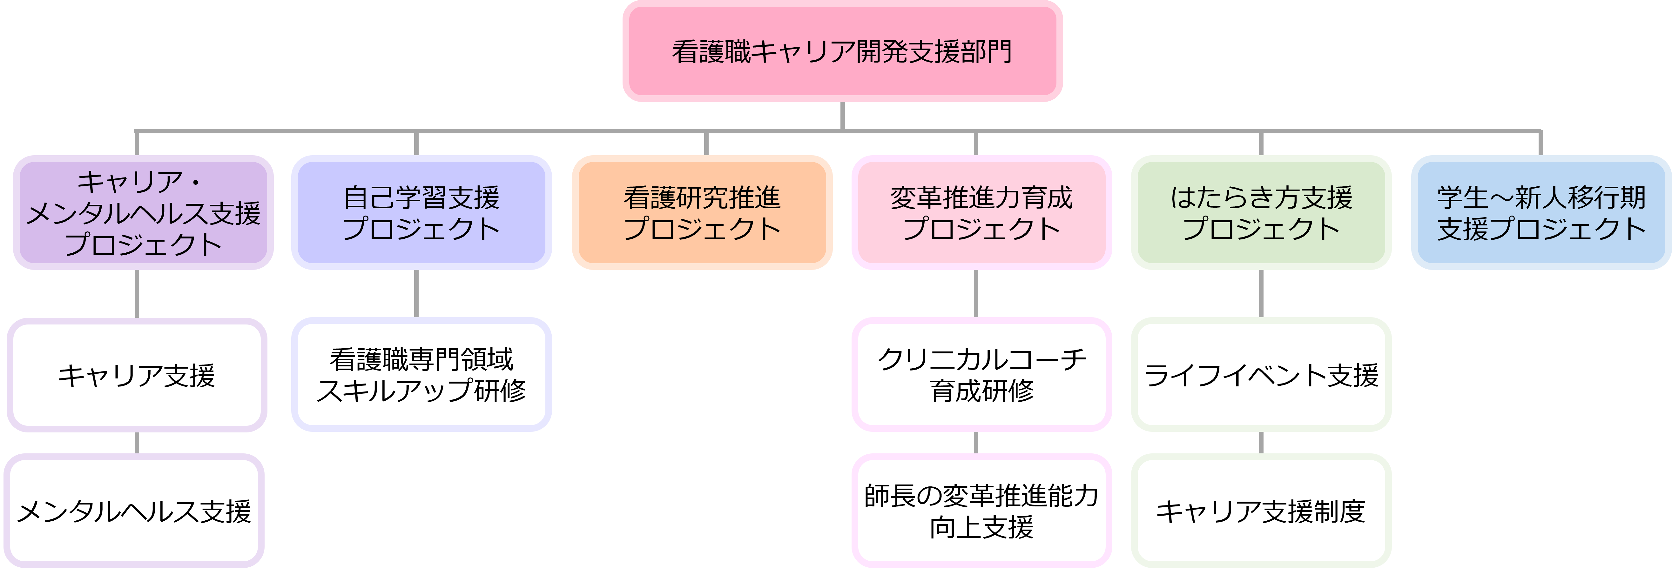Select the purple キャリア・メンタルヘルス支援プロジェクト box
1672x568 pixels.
click(x=143, y=212)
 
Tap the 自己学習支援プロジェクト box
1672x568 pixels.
click(x=421, y=212)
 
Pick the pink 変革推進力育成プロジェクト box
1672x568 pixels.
click(x=981, y=212)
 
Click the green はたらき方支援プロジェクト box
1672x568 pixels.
click(x=1261, y=212)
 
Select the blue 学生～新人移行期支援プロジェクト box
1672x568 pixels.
click(x=1541, y=212)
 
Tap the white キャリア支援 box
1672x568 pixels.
click(x=136, y=375)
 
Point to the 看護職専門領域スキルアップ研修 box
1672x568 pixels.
click(x=421, y=375)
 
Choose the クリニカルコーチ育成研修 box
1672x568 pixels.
click(x=981, y=375)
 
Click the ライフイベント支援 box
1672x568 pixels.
click(x=1261, y=375)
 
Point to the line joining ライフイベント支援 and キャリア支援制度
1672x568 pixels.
click(x=1261, y=443)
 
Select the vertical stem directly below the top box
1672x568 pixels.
click(x=842, y=116)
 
